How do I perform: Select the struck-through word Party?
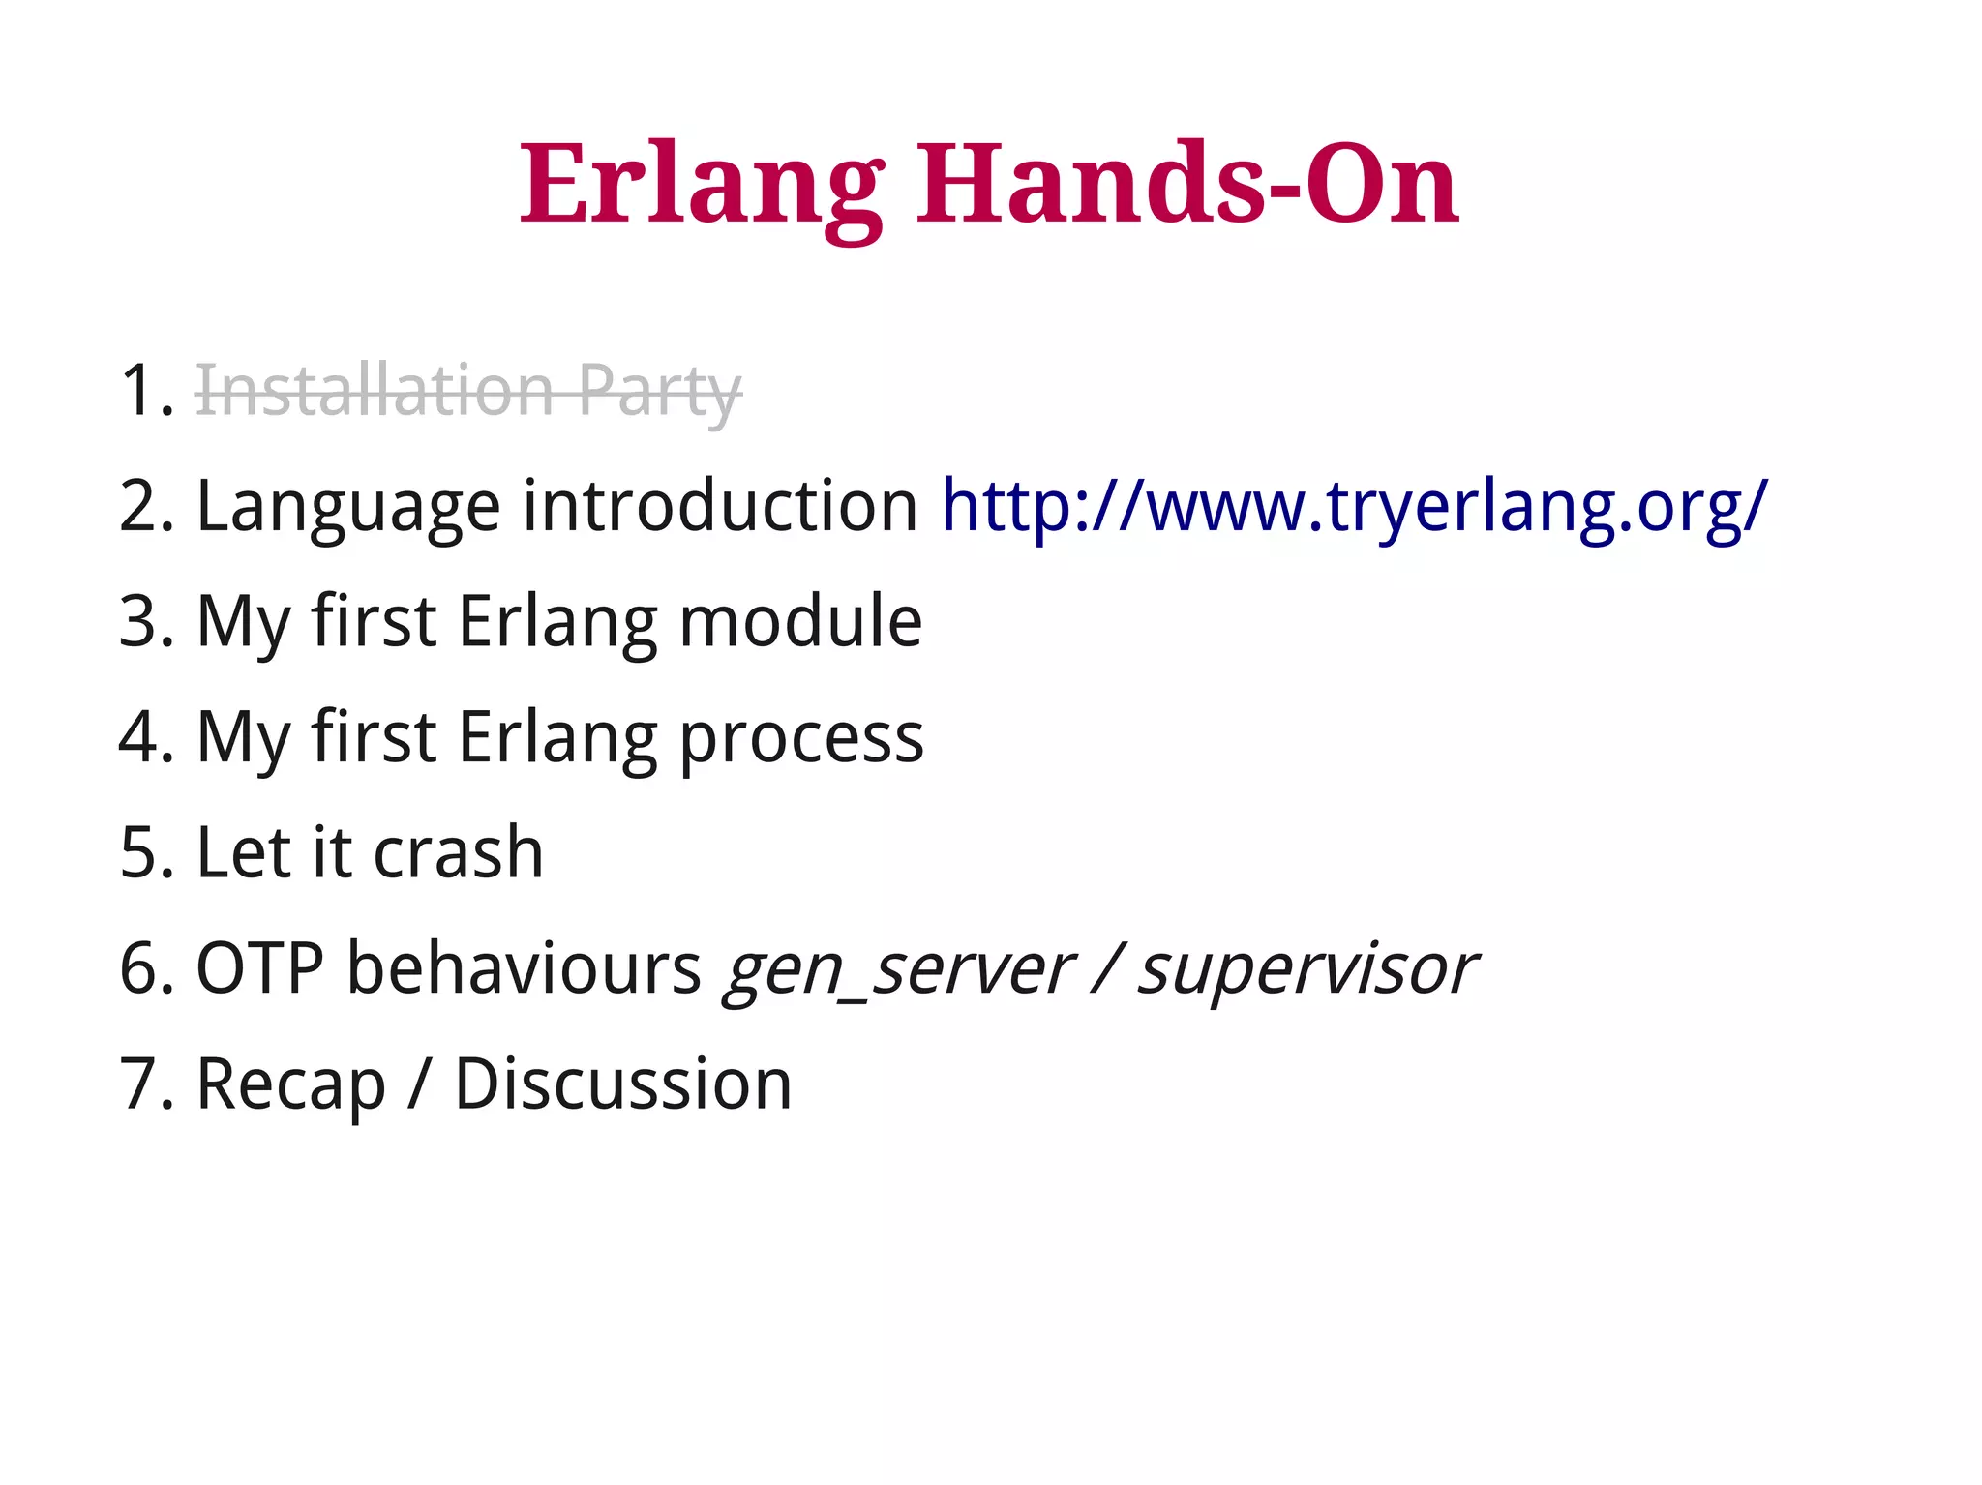coord(660,391)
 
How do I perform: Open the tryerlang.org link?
coord(1354,506)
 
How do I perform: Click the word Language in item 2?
coord(348,506)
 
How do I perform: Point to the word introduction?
coord(720,506)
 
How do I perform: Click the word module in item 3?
coord(800,621)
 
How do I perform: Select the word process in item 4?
coord(801,737)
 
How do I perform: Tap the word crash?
coord(458,852)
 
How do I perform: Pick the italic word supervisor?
coord(1306,968)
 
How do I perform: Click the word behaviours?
coord(524,968)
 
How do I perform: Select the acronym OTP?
coord(259,968)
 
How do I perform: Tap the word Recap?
coord(290,1084)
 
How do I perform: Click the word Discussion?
coord(623,1084)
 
